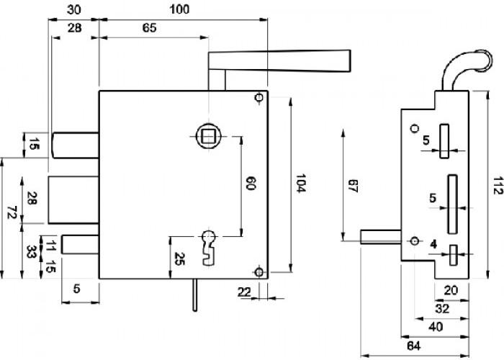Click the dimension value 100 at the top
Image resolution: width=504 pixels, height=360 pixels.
pyautogui.click(x=180, y=9)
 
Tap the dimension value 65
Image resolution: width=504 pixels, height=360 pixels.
pyautogui.click(x=150, y=28)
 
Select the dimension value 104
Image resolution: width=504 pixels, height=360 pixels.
pyautogui.click(x=300, y=183)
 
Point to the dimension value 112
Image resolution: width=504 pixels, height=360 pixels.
pyautogui.click(x=498, y=186)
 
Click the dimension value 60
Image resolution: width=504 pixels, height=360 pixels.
pyautogui.click(x=251, y=183)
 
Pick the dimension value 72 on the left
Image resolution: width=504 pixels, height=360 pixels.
pyautogui.click(x=12, y=213)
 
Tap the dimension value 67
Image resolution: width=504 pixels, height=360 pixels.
pyautogui.click(x=353, y=186)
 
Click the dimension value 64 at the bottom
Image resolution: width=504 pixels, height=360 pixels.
pyautogui.click(x=414, y=346)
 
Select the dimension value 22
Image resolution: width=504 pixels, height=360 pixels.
pyautogui.click(x=244, y=292)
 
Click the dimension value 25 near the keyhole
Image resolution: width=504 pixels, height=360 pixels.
pyautogui.click(x=179, y=258)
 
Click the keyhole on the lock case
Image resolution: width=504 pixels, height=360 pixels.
pyautogui.click(x=209, y=248)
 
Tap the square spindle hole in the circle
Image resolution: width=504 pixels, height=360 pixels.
pyautogui.click(x=209, y=136)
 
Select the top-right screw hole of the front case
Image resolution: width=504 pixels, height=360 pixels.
pyautogui.click(x=258, y=97)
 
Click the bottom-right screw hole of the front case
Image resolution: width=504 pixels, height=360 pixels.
pyautogui.click(x=258, y=272)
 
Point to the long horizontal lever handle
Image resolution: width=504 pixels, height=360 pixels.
pyautogui.click(x=279, y=60)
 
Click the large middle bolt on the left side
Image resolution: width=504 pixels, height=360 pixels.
pyautogui.click(x=73, y=199)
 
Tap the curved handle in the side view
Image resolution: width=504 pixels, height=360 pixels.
pyautogui.click(x=466, y=66)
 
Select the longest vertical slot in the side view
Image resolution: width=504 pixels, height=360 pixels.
pyautogui.click(x=452, y=204)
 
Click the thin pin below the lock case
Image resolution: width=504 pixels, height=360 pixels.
pyautogui.click(x=195, y=294)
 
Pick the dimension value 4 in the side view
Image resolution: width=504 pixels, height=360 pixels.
pyautogui.click(x=433, y=244)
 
